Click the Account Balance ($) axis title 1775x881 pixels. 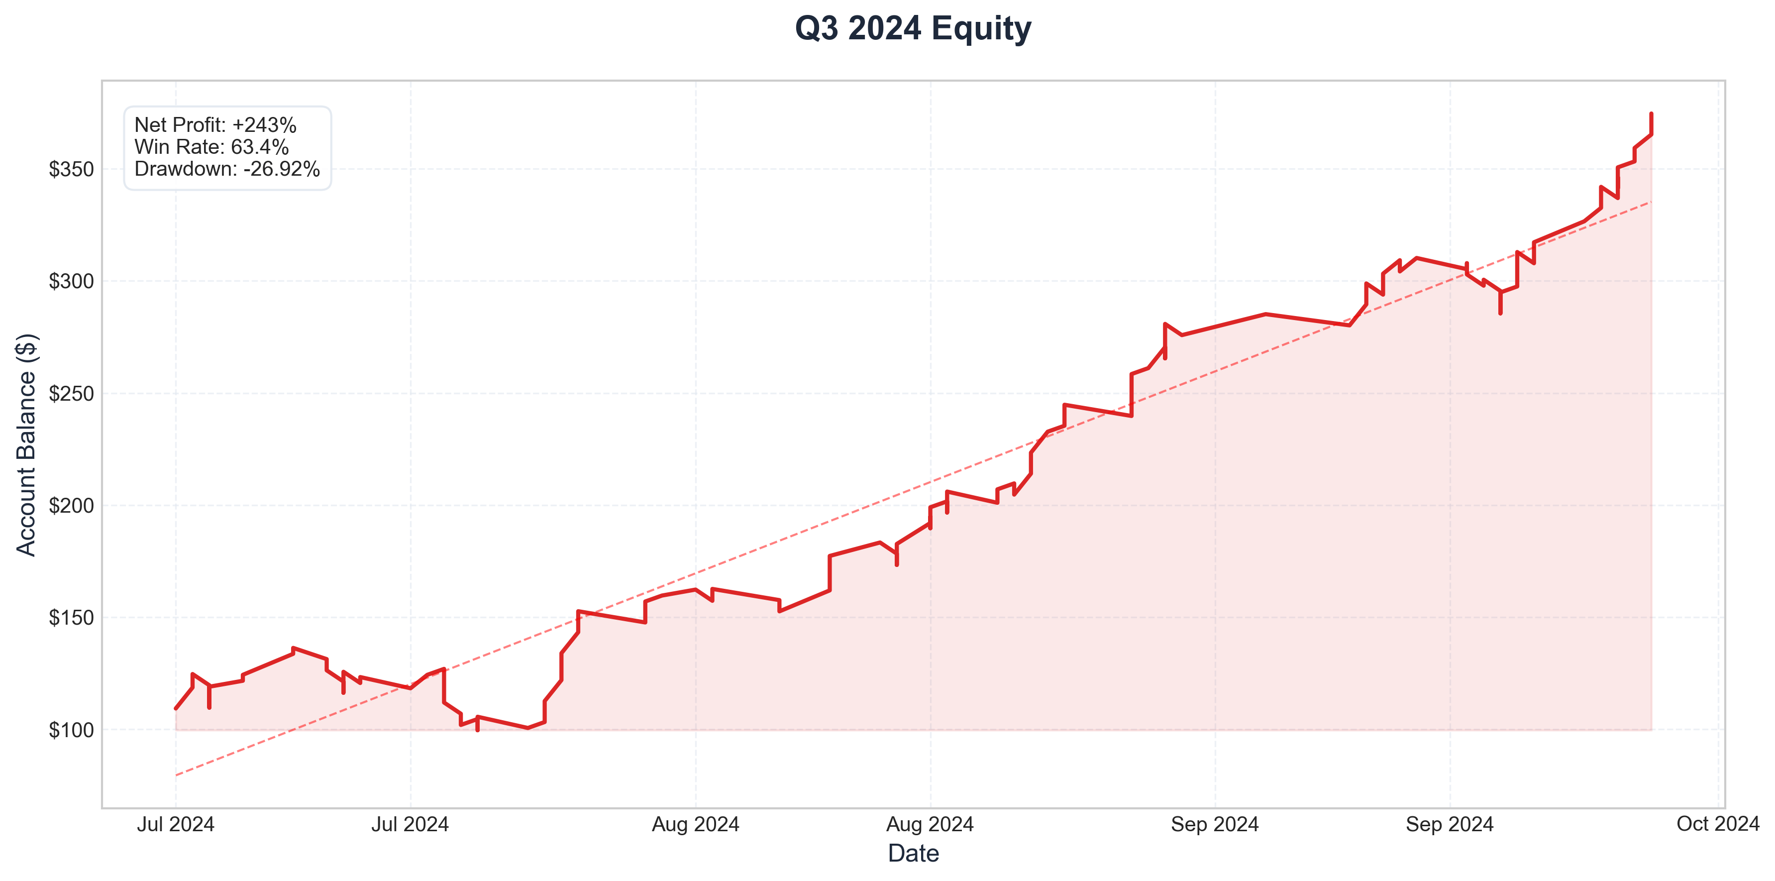tap(26, 444)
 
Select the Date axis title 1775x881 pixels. tap(913, 854)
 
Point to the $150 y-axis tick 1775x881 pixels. tap(71, 618)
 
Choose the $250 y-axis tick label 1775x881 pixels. tap(71, 394)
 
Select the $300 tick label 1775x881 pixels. tap(71, 281)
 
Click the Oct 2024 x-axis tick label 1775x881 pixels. tap(1718, 824)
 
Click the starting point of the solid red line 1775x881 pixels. tap(176, 708)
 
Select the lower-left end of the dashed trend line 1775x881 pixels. tap(176, 775)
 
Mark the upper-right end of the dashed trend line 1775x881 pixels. tap(1651, 201)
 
